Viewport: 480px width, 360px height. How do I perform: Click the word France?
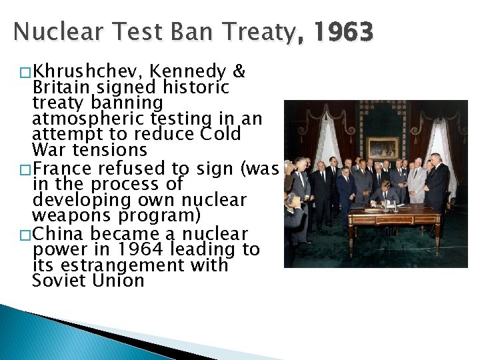pos(61,168)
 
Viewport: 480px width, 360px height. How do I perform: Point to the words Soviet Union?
pos(88,281)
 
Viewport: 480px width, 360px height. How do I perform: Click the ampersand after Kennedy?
pos(242,72)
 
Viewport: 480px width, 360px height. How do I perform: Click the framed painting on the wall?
pos(383,148)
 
